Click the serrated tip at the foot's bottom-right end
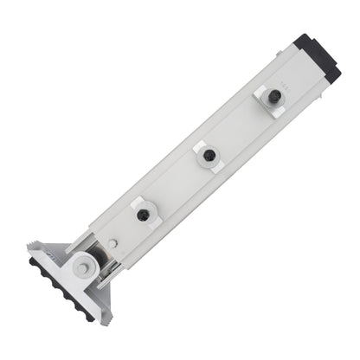(x=103, y=317)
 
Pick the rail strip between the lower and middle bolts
(x=176, y=186)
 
